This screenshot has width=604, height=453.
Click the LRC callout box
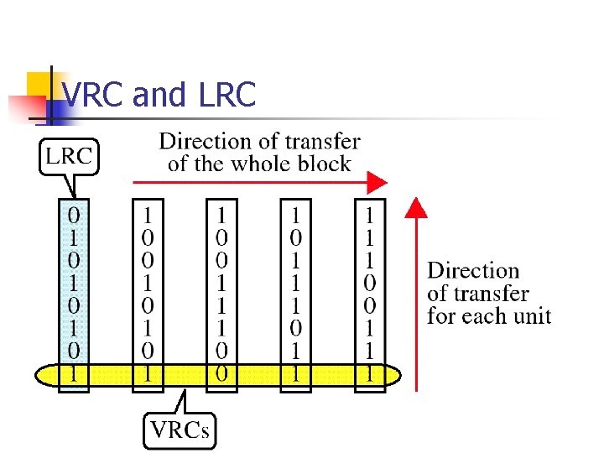tap(70, 155)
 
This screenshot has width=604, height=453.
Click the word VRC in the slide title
tap(94, 96)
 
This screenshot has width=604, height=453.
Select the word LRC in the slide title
tap(227, 96)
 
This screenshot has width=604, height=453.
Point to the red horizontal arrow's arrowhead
tap(377, 182)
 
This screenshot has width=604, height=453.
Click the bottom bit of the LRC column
tap(75, 373)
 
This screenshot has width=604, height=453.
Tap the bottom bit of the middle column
tap(221, 373)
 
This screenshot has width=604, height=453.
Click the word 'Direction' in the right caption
tap(473, 271)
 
